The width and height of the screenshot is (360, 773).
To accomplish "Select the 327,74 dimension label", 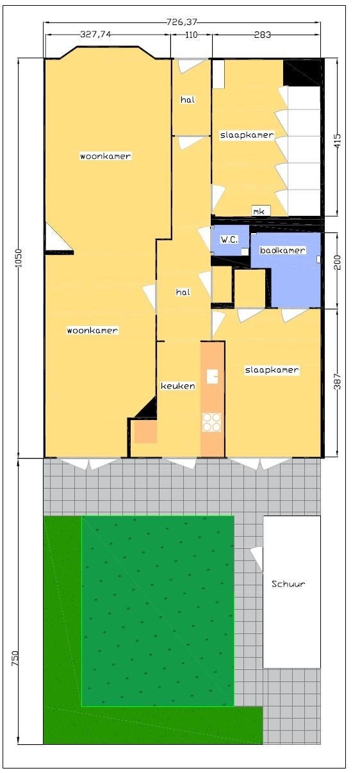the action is pos(95,34).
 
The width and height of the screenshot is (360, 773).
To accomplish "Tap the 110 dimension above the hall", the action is pos(192,35).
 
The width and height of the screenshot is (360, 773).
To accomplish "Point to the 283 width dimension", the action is pos(262,35).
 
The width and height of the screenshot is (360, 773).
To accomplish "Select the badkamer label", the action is pos(282,250).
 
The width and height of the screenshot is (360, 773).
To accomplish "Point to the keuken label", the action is pos(177,386).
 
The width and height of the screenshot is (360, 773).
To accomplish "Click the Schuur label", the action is pos(288,584).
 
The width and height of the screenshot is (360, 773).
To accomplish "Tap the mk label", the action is pos(259,211).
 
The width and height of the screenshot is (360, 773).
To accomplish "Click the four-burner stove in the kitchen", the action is pos(211,422).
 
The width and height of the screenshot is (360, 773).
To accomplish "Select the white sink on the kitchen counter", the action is pos(212,377).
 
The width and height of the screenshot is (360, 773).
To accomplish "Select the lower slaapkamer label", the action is pos(272,370).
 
